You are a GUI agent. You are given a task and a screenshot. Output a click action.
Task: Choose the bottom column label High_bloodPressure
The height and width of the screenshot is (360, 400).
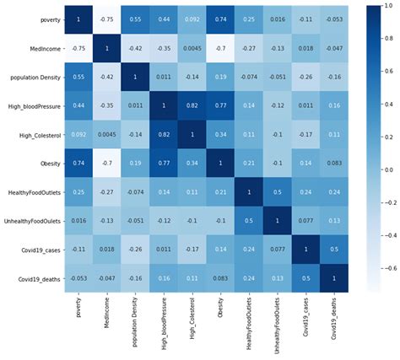(x=162, y=333)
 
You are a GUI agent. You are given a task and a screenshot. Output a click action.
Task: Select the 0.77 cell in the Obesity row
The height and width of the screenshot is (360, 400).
(x=161, y=169)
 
